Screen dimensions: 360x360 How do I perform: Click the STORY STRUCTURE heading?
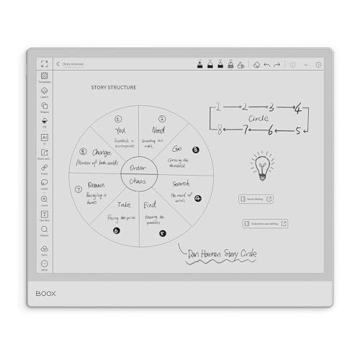coord(113,88)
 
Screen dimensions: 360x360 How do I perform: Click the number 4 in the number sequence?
coord(297,109)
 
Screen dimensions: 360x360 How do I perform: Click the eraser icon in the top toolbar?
coord(256,64)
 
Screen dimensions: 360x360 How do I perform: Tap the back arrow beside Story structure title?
coord(58,64)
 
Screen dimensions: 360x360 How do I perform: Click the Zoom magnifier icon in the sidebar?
coord(44,199)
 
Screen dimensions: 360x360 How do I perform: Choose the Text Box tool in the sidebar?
coord(44,215)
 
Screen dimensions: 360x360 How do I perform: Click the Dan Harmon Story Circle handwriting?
coord(220,253)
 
